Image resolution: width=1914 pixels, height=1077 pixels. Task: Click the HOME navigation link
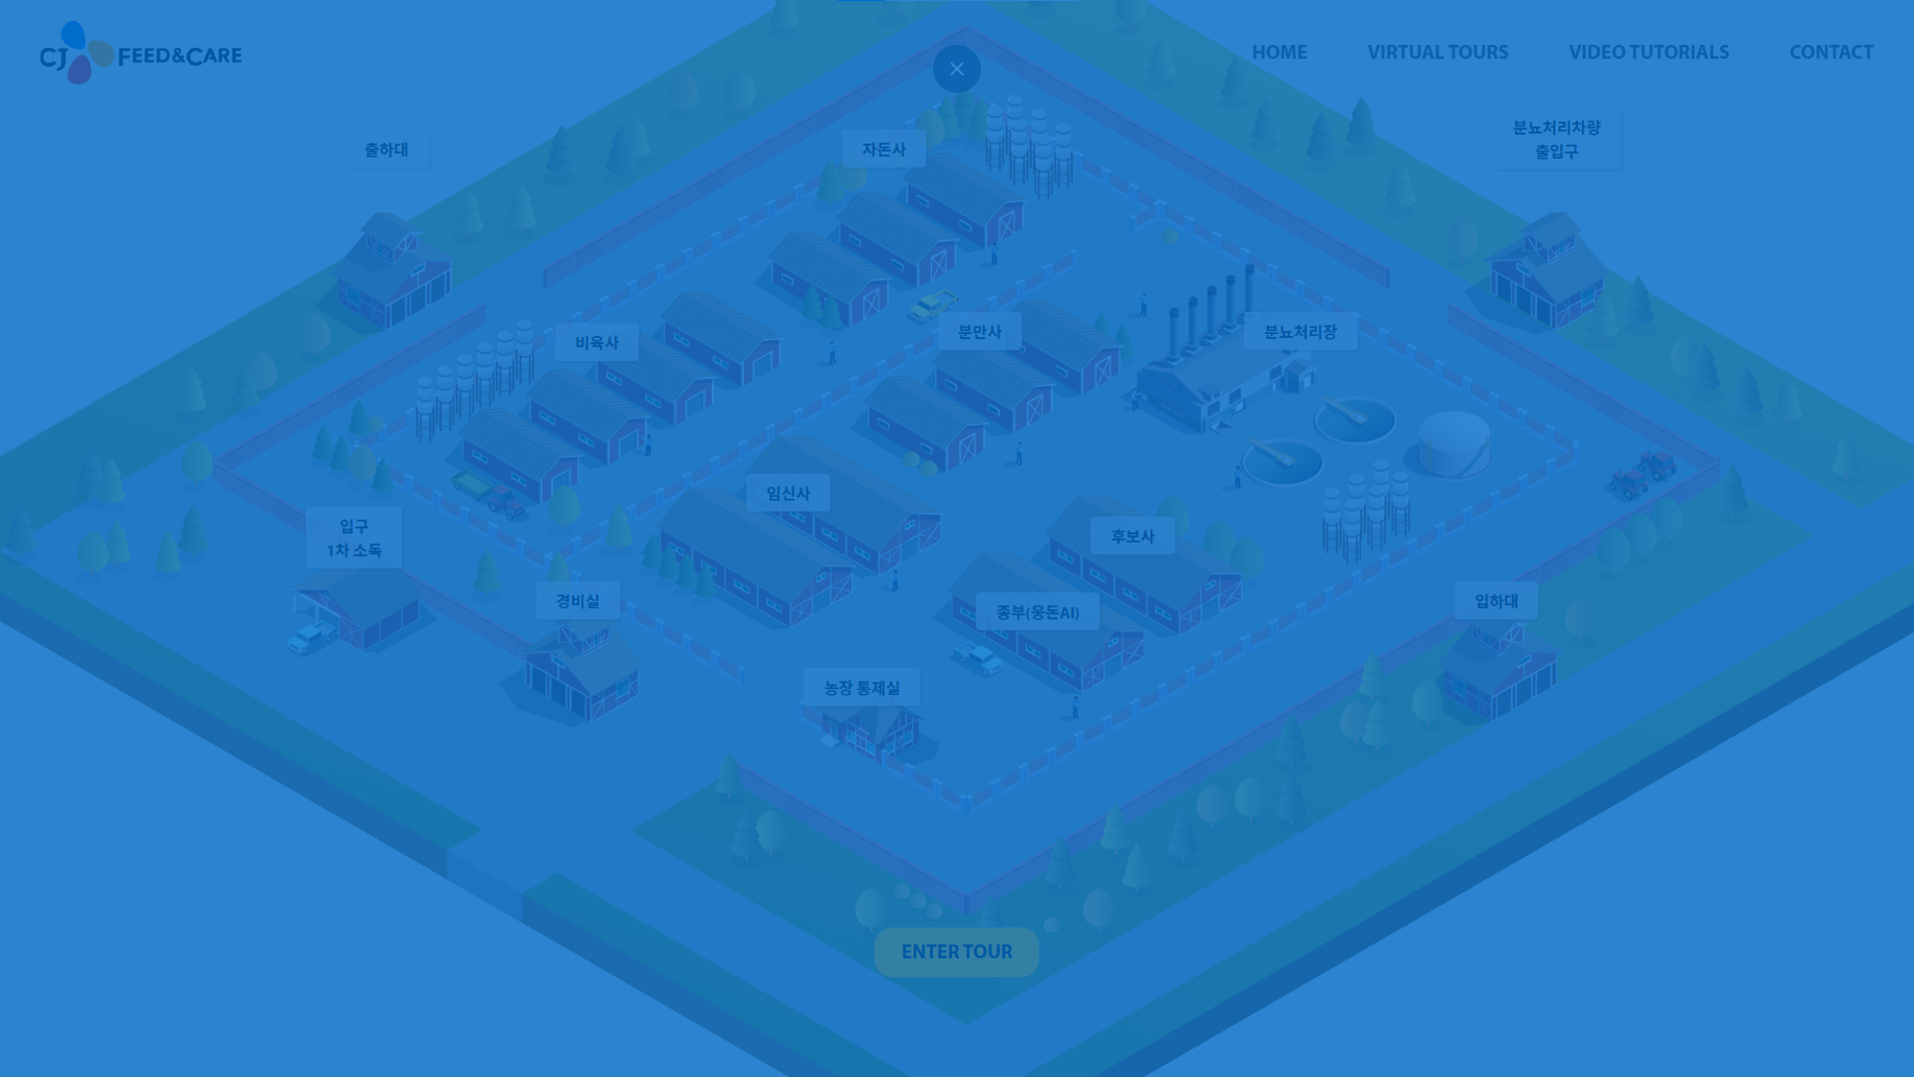[1279, 53]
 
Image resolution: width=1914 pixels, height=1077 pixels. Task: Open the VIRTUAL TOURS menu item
[1436, 53]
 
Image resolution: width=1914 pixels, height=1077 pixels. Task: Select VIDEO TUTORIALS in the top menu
[1648, 53]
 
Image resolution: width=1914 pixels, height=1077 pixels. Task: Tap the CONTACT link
[1831, 53]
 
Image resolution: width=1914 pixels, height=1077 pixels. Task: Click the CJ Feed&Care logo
[141, 54]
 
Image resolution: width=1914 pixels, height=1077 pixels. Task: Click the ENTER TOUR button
[956, 952]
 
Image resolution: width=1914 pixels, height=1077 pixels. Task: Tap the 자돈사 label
[883, 149]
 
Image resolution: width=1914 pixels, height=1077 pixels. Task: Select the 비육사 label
[596, 343]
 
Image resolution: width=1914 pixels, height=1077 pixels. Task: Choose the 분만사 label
[979, 332]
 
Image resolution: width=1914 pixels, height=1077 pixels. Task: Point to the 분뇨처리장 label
[1300, 332]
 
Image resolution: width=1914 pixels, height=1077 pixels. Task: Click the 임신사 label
[788, 493]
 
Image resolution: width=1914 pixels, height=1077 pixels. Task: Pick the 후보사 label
[1132, 536]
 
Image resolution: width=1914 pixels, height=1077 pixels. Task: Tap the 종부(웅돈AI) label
[1037, 612]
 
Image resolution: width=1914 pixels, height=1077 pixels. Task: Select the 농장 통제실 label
[861, 687]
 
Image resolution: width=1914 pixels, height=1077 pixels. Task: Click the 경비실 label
[577, 600]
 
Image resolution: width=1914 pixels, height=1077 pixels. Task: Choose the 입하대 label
[1496, 600]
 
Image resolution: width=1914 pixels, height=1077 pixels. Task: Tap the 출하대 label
[386, 149]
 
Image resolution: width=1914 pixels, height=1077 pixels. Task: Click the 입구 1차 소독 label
[353, 538]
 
